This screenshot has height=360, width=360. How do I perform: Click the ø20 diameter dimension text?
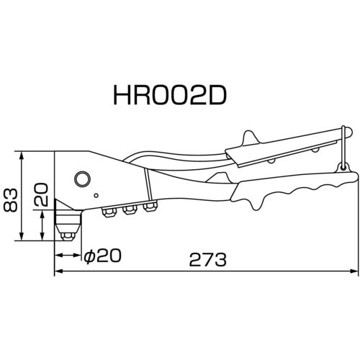[x=103, y=254]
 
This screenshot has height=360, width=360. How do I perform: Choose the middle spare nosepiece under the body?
[x=131, y=210]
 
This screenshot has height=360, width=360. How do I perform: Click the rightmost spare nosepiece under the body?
[x=150, y=208]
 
